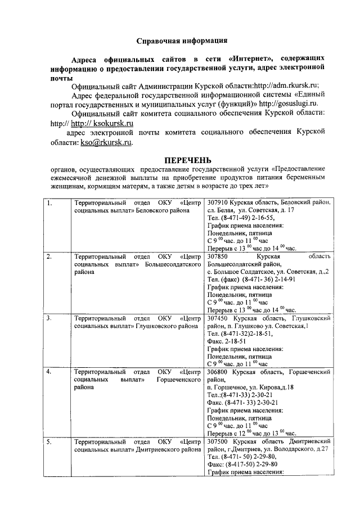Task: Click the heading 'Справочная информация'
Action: (183, 40)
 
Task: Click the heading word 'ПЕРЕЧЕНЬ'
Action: (183, 160)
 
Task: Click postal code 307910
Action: (219, 202)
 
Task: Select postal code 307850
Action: (219, 256)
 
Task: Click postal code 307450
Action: (219, 318)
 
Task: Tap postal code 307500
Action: (219, 442)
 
